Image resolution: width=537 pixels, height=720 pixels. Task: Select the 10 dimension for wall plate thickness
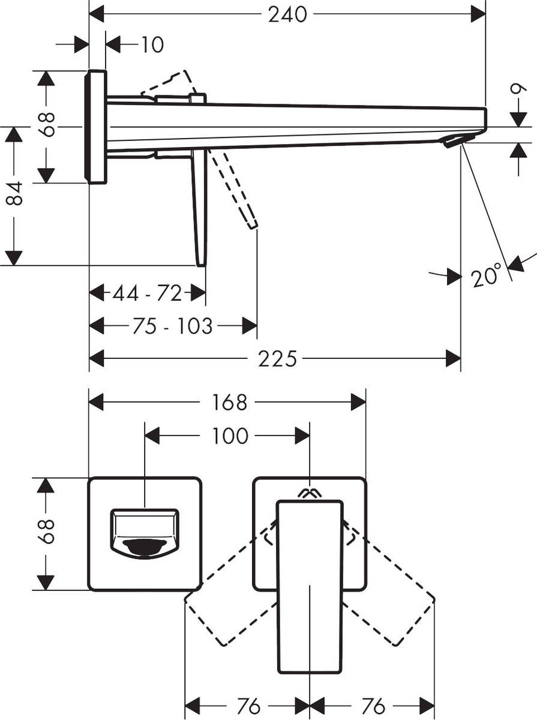152,44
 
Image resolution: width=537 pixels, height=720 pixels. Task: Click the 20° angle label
485,277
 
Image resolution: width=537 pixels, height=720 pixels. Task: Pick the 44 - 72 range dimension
147,293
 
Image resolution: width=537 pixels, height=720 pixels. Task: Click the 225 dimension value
277,359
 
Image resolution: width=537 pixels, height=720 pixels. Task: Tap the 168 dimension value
229,402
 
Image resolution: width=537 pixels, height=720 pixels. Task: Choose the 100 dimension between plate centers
230,436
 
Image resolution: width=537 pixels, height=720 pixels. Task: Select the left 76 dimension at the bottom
248,706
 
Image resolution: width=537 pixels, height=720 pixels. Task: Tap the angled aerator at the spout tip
454,140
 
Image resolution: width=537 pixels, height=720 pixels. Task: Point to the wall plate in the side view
96,127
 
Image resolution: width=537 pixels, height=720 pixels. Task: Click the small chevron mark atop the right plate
310,493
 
